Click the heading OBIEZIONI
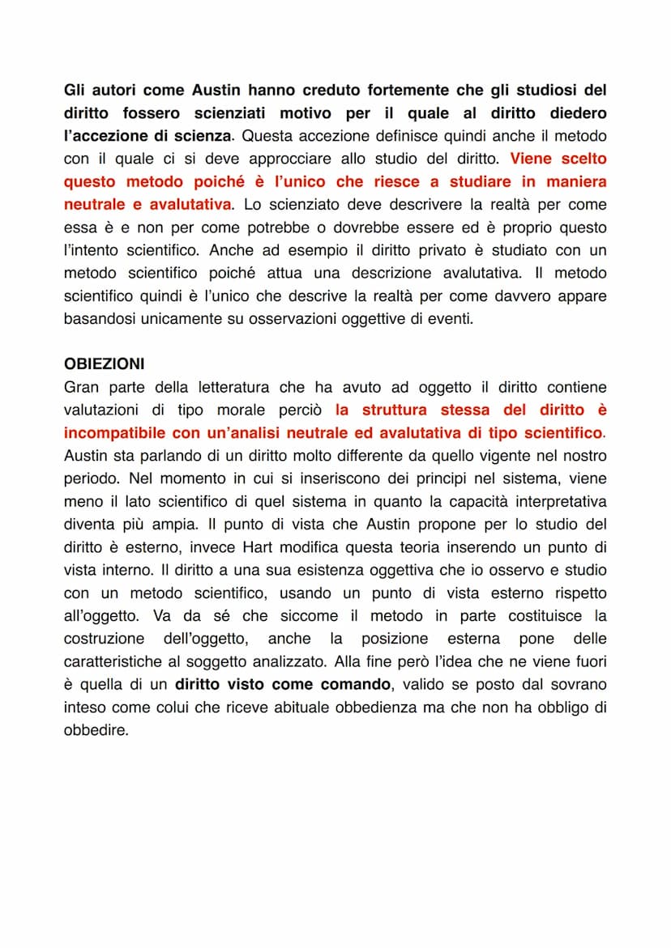tap(104, 364)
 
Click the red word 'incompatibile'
tap(115, 433)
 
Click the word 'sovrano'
tap(579, 685)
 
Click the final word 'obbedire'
tap(95, 730)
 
